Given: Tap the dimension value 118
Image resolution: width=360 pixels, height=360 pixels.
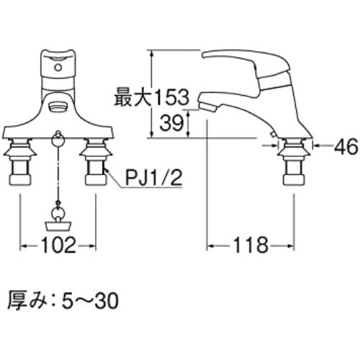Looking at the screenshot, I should tap(250, 246).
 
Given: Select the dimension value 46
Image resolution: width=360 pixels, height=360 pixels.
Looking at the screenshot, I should tap(347, 148).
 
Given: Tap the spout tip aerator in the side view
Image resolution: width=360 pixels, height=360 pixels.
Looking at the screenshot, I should tap(206, 107).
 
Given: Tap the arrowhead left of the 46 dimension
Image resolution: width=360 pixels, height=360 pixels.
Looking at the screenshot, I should tap(314, 147).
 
